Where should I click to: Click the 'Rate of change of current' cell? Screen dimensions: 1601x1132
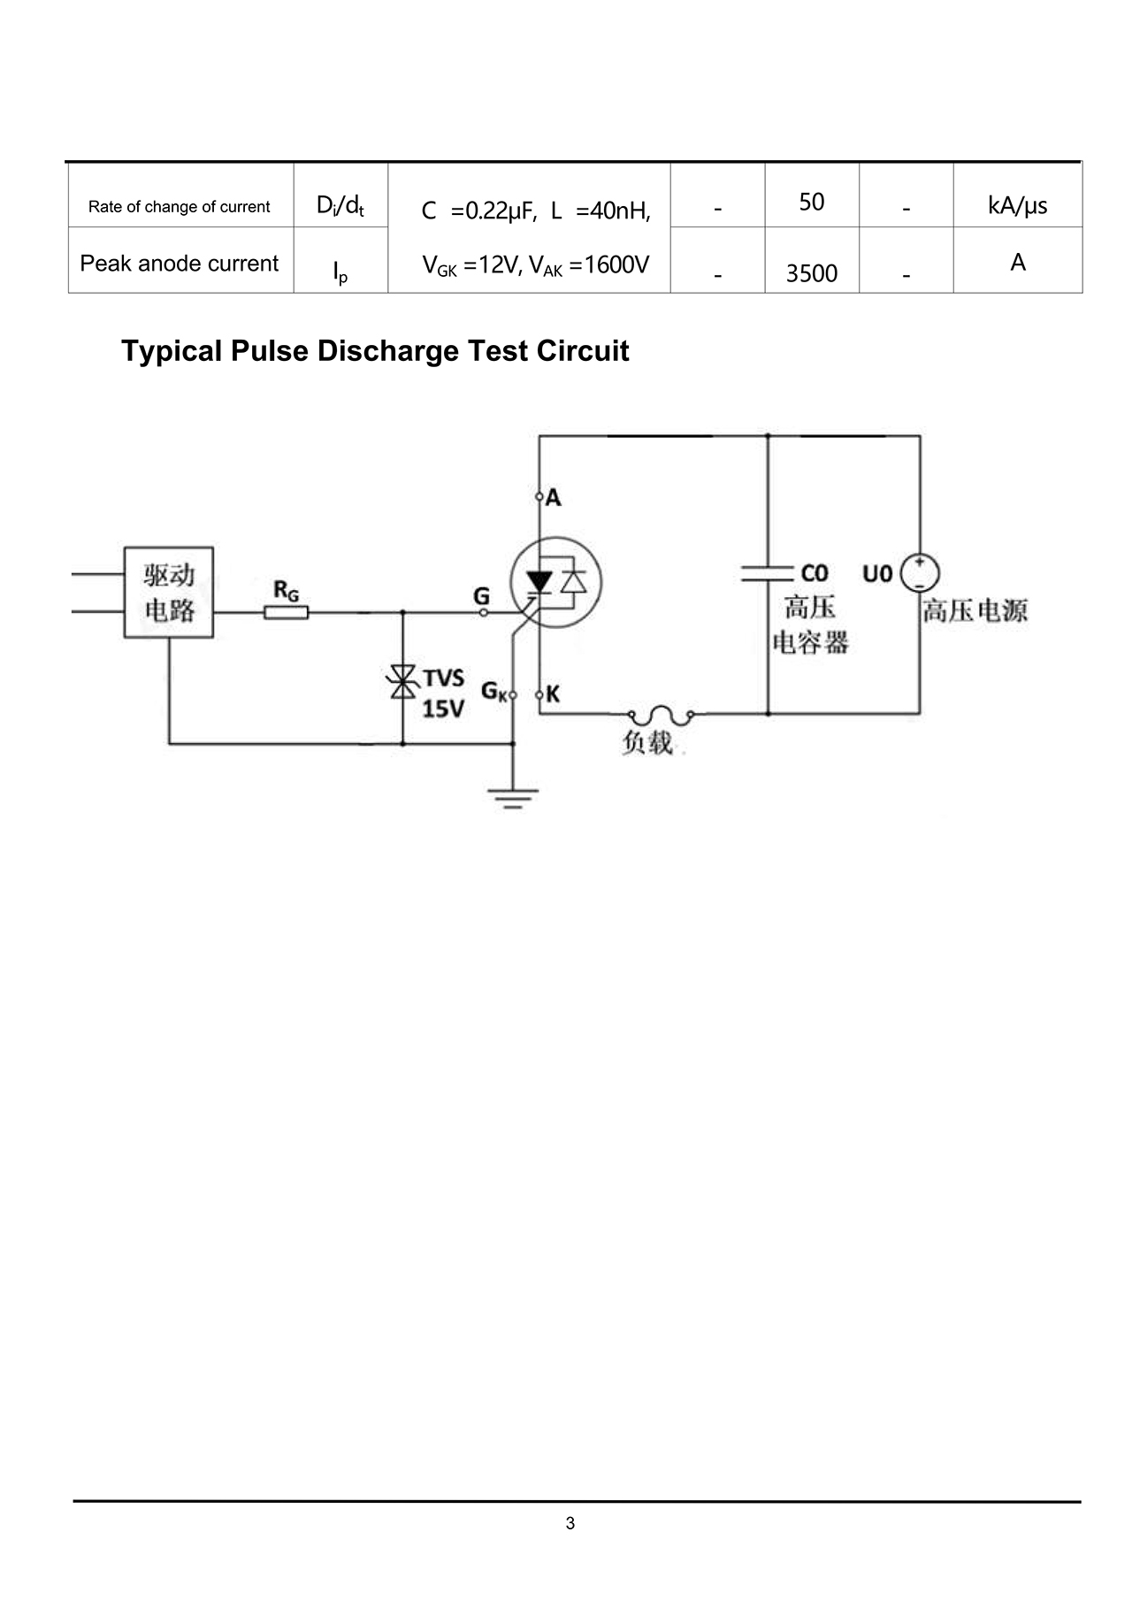tap(180, 207)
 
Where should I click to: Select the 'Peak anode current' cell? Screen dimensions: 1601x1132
tap(180, 264)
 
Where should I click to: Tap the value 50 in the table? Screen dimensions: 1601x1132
tap(811, 203)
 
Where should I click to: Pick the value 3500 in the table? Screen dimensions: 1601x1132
tap(811, 273)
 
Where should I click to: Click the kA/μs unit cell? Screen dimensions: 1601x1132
tap(1017, 206)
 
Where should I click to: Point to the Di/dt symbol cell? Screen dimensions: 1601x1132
tap(340, 206)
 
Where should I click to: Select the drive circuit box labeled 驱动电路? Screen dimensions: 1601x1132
tap(168, 592)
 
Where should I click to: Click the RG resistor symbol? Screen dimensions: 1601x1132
tap(287, 611)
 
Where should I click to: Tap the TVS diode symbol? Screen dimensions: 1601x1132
tap(403, 681)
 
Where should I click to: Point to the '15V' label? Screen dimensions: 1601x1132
tap(443, 709)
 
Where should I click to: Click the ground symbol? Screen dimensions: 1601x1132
tap(513, 799)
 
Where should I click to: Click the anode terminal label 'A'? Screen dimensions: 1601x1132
tap(554, 498)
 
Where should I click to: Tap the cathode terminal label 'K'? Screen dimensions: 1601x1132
tap(553, 694)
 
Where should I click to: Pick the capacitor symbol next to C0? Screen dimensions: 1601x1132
tap(767, 573)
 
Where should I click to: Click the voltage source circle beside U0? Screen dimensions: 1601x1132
tap(920, 573)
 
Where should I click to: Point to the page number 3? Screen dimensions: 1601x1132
tap(570, 1523)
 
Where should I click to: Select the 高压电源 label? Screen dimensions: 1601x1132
tap(975, 610)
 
